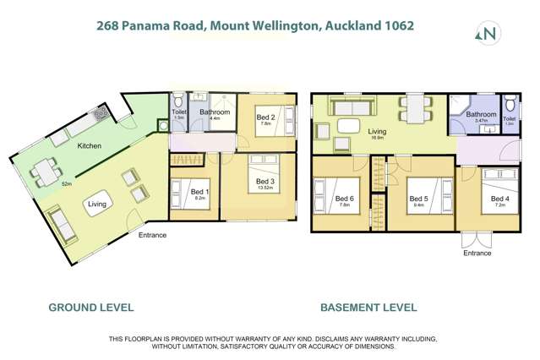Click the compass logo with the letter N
pyautogui.click(x=488, y=34)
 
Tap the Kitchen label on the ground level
pyautogui.click(x=90, y=146)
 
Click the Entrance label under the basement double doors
pyautogui.click(x=477, y=253)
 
